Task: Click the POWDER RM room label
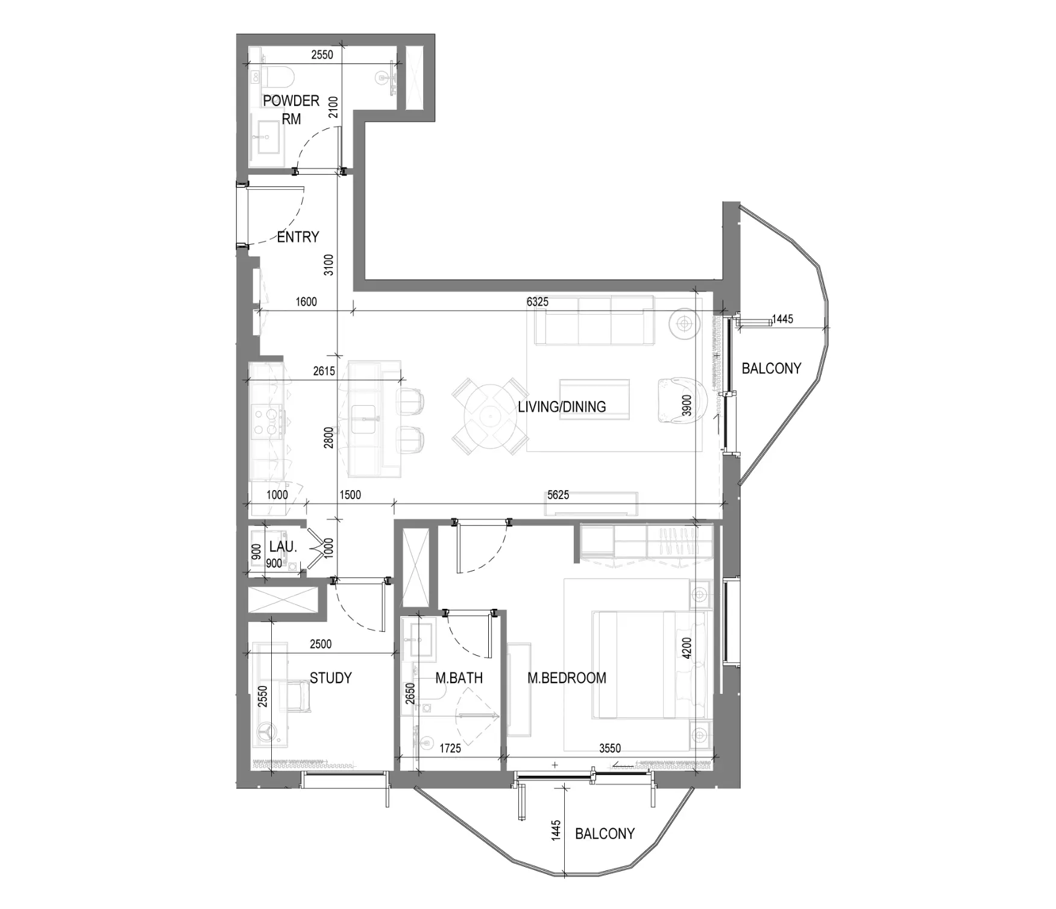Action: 291,110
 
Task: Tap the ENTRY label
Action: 298,237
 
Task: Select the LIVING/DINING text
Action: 562,407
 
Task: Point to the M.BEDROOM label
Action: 567,678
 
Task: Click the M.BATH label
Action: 459,678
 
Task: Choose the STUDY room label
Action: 330,678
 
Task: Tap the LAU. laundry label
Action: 283,547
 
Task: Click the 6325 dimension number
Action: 538,301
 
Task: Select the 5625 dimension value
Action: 558,495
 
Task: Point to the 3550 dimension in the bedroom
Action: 610,748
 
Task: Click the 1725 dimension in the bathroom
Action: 450,748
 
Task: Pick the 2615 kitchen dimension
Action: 324,371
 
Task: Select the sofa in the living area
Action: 594,320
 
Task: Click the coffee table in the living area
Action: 594,398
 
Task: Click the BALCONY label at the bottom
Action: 605,834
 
